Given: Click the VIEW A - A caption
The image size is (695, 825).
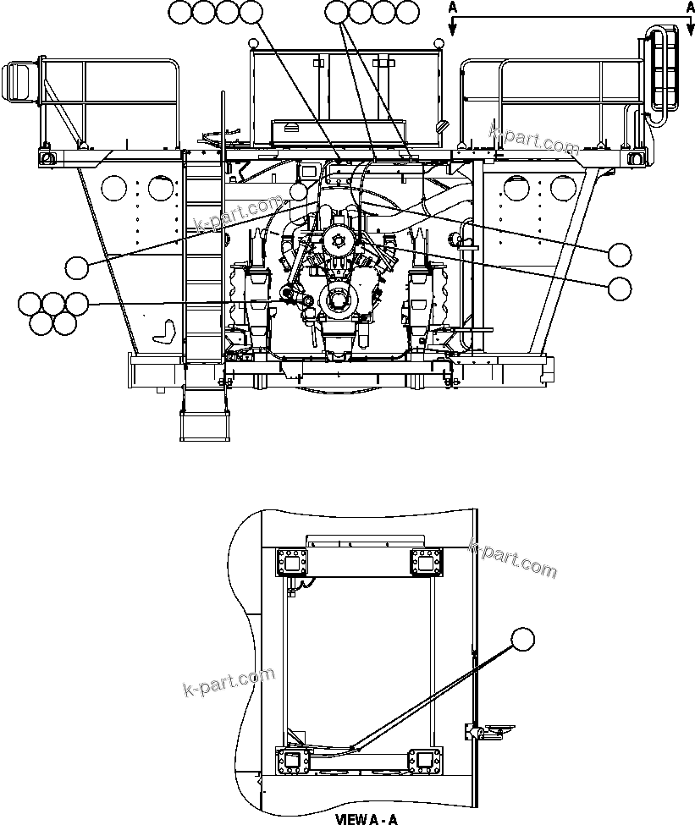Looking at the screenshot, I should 367,819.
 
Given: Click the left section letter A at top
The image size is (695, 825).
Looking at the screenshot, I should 454,6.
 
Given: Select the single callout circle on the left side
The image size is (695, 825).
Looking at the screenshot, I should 78,267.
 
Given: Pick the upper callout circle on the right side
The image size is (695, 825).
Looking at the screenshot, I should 620,253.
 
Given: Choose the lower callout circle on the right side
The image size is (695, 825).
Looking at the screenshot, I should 620,288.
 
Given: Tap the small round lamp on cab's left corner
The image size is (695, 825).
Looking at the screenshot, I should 252,43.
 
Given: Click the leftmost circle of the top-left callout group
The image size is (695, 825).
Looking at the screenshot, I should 181,12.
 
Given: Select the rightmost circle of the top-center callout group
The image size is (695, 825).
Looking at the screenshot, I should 408,12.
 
